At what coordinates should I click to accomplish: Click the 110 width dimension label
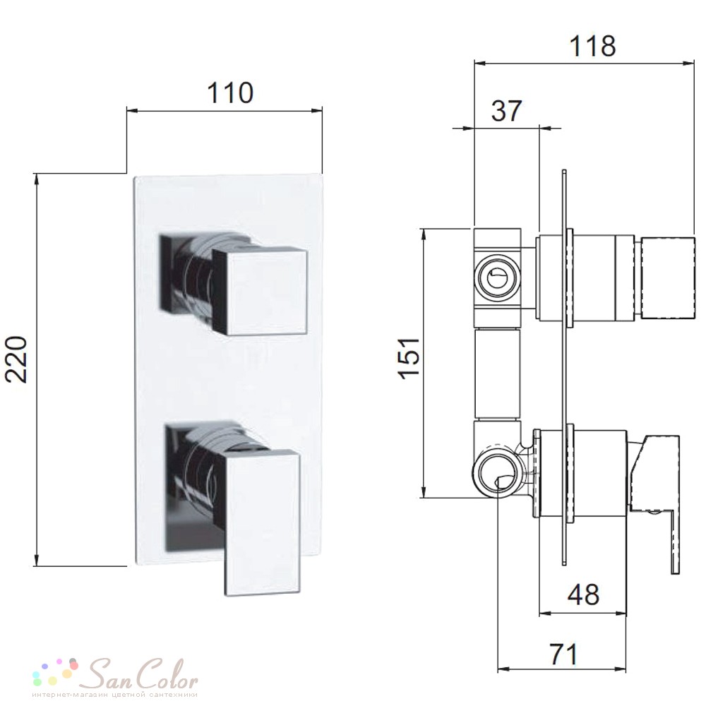tap(230, 92)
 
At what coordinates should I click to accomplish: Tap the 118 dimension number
tap(592, 46)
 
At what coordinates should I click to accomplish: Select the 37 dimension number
tap(506, 111)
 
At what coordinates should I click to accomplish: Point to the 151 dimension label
tap(410, 358)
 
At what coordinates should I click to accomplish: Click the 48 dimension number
tap(583, 594)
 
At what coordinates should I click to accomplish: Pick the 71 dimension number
tap(563, 654)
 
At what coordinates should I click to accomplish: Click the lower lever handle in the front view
tap(262, 522)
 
